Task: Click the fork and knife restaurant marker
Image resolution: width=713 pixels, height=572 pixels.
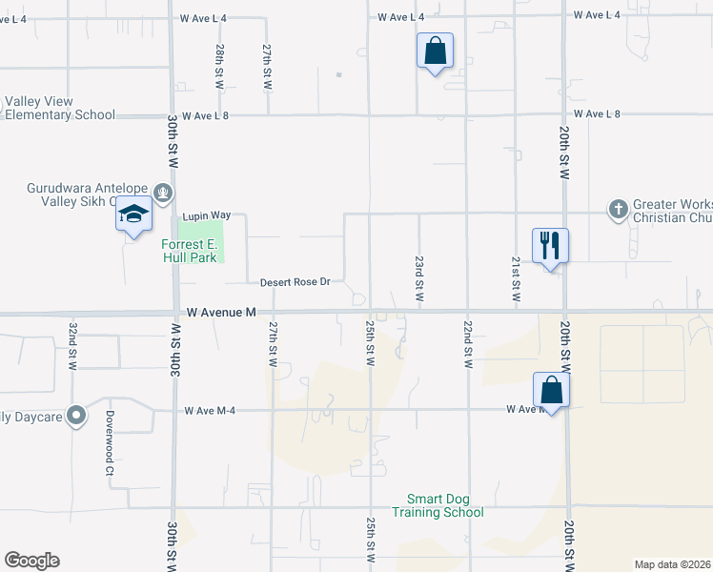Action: coord(550,246)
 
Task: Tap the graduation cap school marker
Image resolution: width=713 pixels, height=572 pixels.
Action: coord(134,216)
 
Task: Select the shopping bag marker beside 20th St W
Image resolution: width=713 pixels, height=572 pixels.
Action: coord(551,390)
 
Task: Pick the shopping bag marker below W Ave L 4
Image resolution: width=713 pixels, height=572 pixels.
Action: coord(435,51)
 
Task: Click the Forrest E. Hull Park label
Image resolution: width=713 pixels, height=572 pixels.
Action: coord(189,251)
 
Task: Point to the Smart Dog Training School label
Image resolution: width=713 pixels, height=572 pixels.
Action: coord(445,505)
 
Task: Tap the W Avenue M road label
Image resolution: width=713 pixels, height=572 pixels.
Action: coord(222,312)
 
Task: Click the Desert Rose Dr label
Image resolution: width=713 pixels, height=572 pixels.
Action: coord(295,282)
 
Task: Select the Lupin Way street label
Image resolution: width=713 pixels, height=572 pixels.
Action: coord(208,216)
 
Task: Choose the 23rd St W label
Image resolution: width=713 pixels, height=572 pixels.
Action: coord(418,279)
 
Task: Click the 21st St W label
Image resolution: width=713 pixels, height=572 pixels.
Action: coord(516,279)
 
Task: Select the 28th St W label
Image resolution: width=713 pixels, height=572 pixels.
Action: coord(219,67)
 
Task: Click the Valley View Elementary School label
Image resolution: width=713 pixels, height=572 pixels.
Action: coord(59,109)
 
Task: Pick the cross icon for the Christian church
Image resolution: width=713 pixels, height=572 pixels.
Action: coord(618,208)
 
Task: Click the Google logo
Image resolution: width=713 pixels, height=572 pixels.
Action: coord(31,561)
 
